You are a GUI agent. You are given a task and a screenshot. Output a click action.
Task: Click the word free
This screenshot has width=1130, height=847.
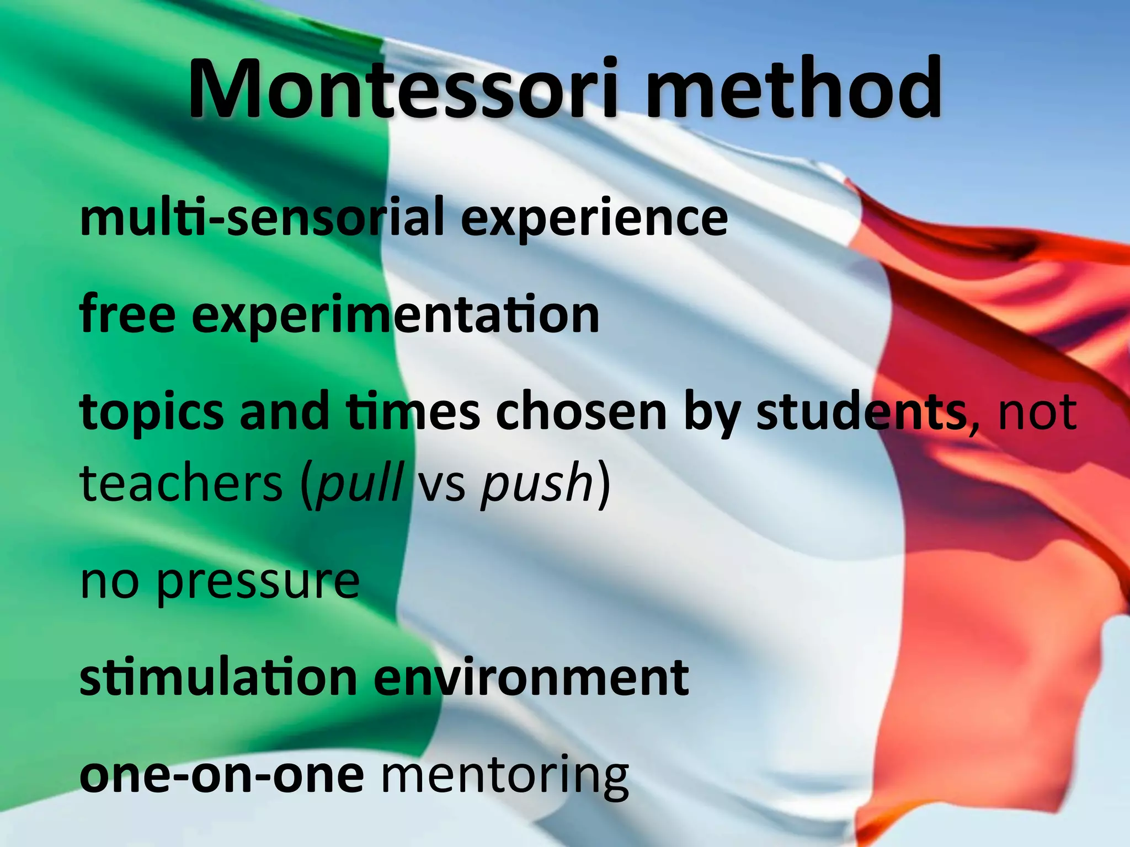[127, 314]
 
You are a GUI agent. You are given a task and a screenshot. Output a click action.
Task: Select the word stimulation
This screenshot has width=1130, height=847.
[218, 678]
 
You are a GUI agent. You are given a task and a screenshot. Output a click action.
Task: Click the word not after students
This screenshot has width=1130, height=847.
[1037, 412]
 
